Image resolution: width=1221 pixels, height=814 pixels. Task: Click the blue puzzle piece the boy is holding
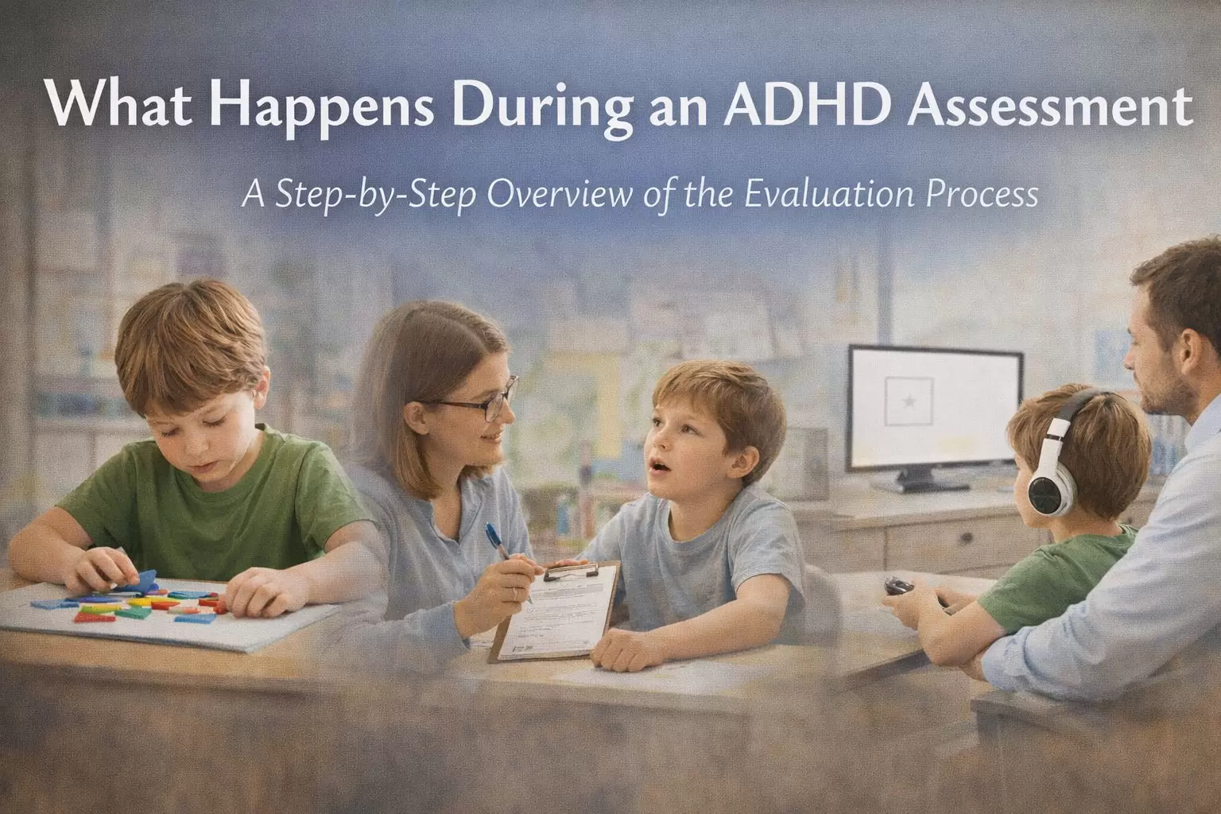click(144, 578)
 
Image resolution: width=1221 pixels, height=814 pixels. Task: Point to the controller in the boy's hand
click(899, 586)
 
